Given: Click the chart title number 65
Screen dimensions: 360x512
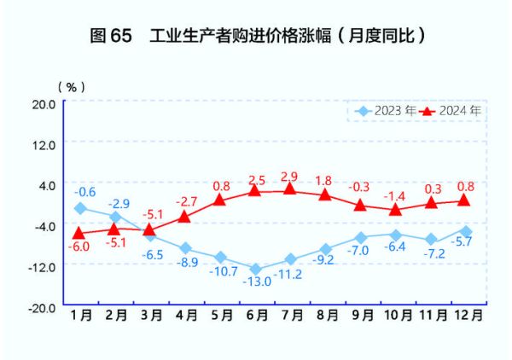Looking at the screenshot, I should (x=121, y=37).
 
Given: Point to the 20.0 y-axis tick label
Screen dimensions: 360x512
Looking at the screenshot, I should (x=44, y=103).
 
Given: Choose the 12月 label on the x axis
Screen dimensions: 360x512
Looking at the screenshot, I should (x=468, y=315).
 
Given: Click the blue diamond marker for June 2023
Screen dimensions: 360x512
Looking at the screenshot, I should (x=255, y=269).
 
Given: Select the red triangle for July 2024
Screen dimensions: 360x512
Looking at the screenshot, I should (x=290, y=189).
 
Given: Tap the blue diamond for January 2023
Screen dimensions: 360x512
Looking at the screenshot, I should (x=80, y=208).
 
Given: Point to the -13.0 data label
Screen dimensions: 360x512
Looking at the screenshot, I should (x=256, y=282).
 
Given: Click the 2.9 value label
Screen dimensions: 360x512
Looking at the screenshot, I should (x=289, y=177).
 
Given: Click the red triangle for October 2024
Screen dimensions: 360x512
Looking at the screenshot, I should (x=396, y=208).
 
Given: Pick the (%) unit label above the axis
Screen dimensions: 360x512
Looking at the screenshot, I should (x=71, y=87).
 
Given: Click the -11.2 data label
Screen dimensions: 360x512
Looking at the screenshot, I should (x=290, y=274).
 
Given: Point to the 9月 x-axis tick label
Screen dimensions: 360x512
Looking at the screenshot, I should (x=362, y=315).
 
